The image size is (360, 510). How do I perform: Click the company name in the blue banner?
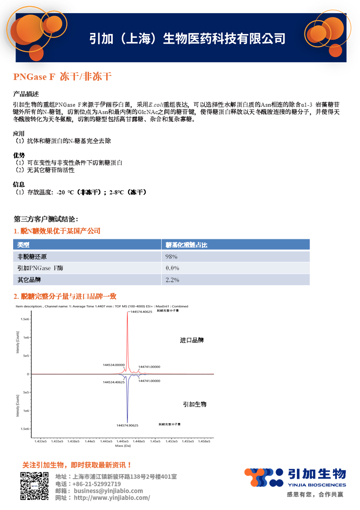187,39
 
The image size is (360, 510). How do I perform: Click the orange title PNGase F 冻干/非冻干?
63,77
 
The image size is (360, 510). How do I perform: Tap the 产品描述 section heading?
26,94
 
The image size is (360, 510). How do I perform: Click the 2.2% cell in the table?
173,280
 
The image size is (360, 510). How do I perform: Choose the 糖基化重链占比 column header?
187,245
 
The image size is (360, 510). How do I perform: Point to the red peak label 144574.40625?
141,312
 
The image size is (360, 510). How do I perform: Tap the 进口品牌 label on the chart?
192,340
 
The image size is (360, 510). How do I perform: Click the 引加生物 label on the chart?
195,404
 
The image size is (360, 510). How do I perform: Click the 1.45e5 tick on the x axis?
156,441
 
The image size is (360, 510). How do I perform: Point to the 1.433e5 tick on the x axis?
41,441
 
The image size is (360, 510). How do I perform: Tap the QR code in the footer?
34,486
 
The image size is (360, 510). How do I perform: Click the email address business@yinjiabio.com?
108,491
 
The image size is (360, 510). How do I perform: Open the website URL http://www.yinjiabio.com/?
112,498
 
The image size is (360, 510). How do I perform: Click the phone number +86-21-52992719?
96,484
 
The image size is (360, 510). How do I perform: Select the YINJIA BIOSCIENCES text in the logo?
316,484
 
